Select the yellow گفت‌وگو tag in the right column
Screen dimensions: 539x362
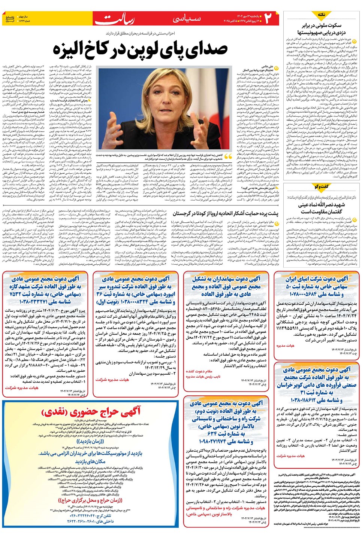[321, 186]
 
